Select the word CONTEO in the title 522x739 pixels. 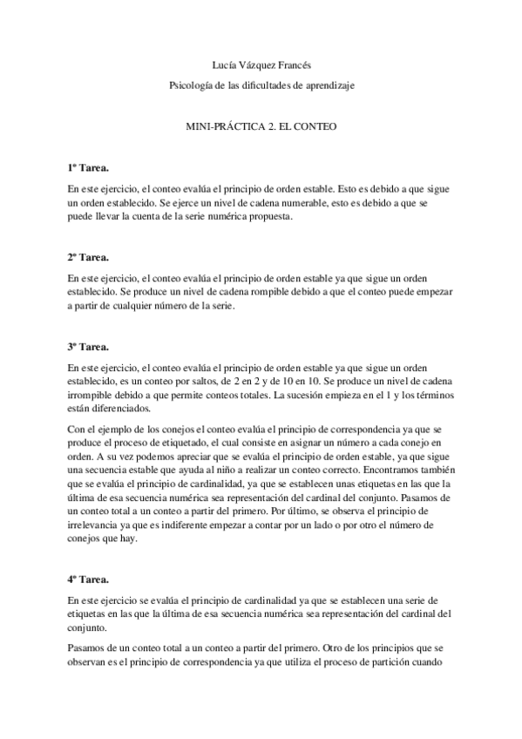[316, 127]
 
